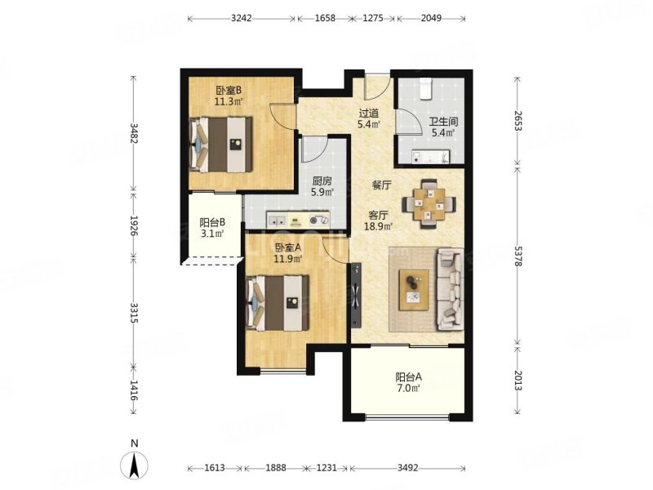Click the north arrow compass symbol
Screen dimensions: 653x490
click(x=134, y=464)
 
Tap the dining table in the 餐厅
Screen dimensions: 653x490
click(x=429, y=204)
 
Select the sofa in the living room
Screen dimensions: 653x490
click(x=450, y=290)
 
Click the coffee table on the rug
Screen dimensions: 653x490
click(x=414, y=290)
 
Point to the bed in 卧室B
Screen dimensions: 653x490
click(x=220, y=145)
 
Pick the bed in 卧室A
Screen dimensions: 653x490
click(x=278, y=303)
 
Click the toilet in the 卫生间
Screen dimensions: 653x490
click(x=425, y=89)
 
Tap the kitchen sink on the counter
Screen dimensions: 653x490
click(x=277, y=219)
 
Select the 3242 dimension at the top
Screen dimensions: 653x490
click(x=242, y=18)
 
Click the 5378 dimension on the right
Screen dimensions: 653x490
click(x=518, y=256)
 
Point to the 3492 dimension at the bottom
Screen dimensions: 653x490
click(x=407, y=468)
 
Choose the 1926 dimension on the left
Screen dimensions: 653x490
click(x=134, y=225)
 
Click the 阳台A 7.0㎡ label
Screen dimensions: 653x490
click(x=408, y=383)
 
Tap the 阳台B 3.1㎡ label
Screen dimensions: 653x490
click(x=212, y=228)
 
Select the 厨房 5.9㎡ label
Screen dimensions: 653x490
click(x=322, y=187)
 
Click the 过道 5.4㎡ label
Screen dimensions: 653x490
click(x=369, y=118)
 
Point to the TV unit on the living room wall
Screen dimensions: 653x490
click(x=356, y=295)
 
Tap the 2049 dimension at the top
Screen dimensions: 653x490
click(x=431, y=18)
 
